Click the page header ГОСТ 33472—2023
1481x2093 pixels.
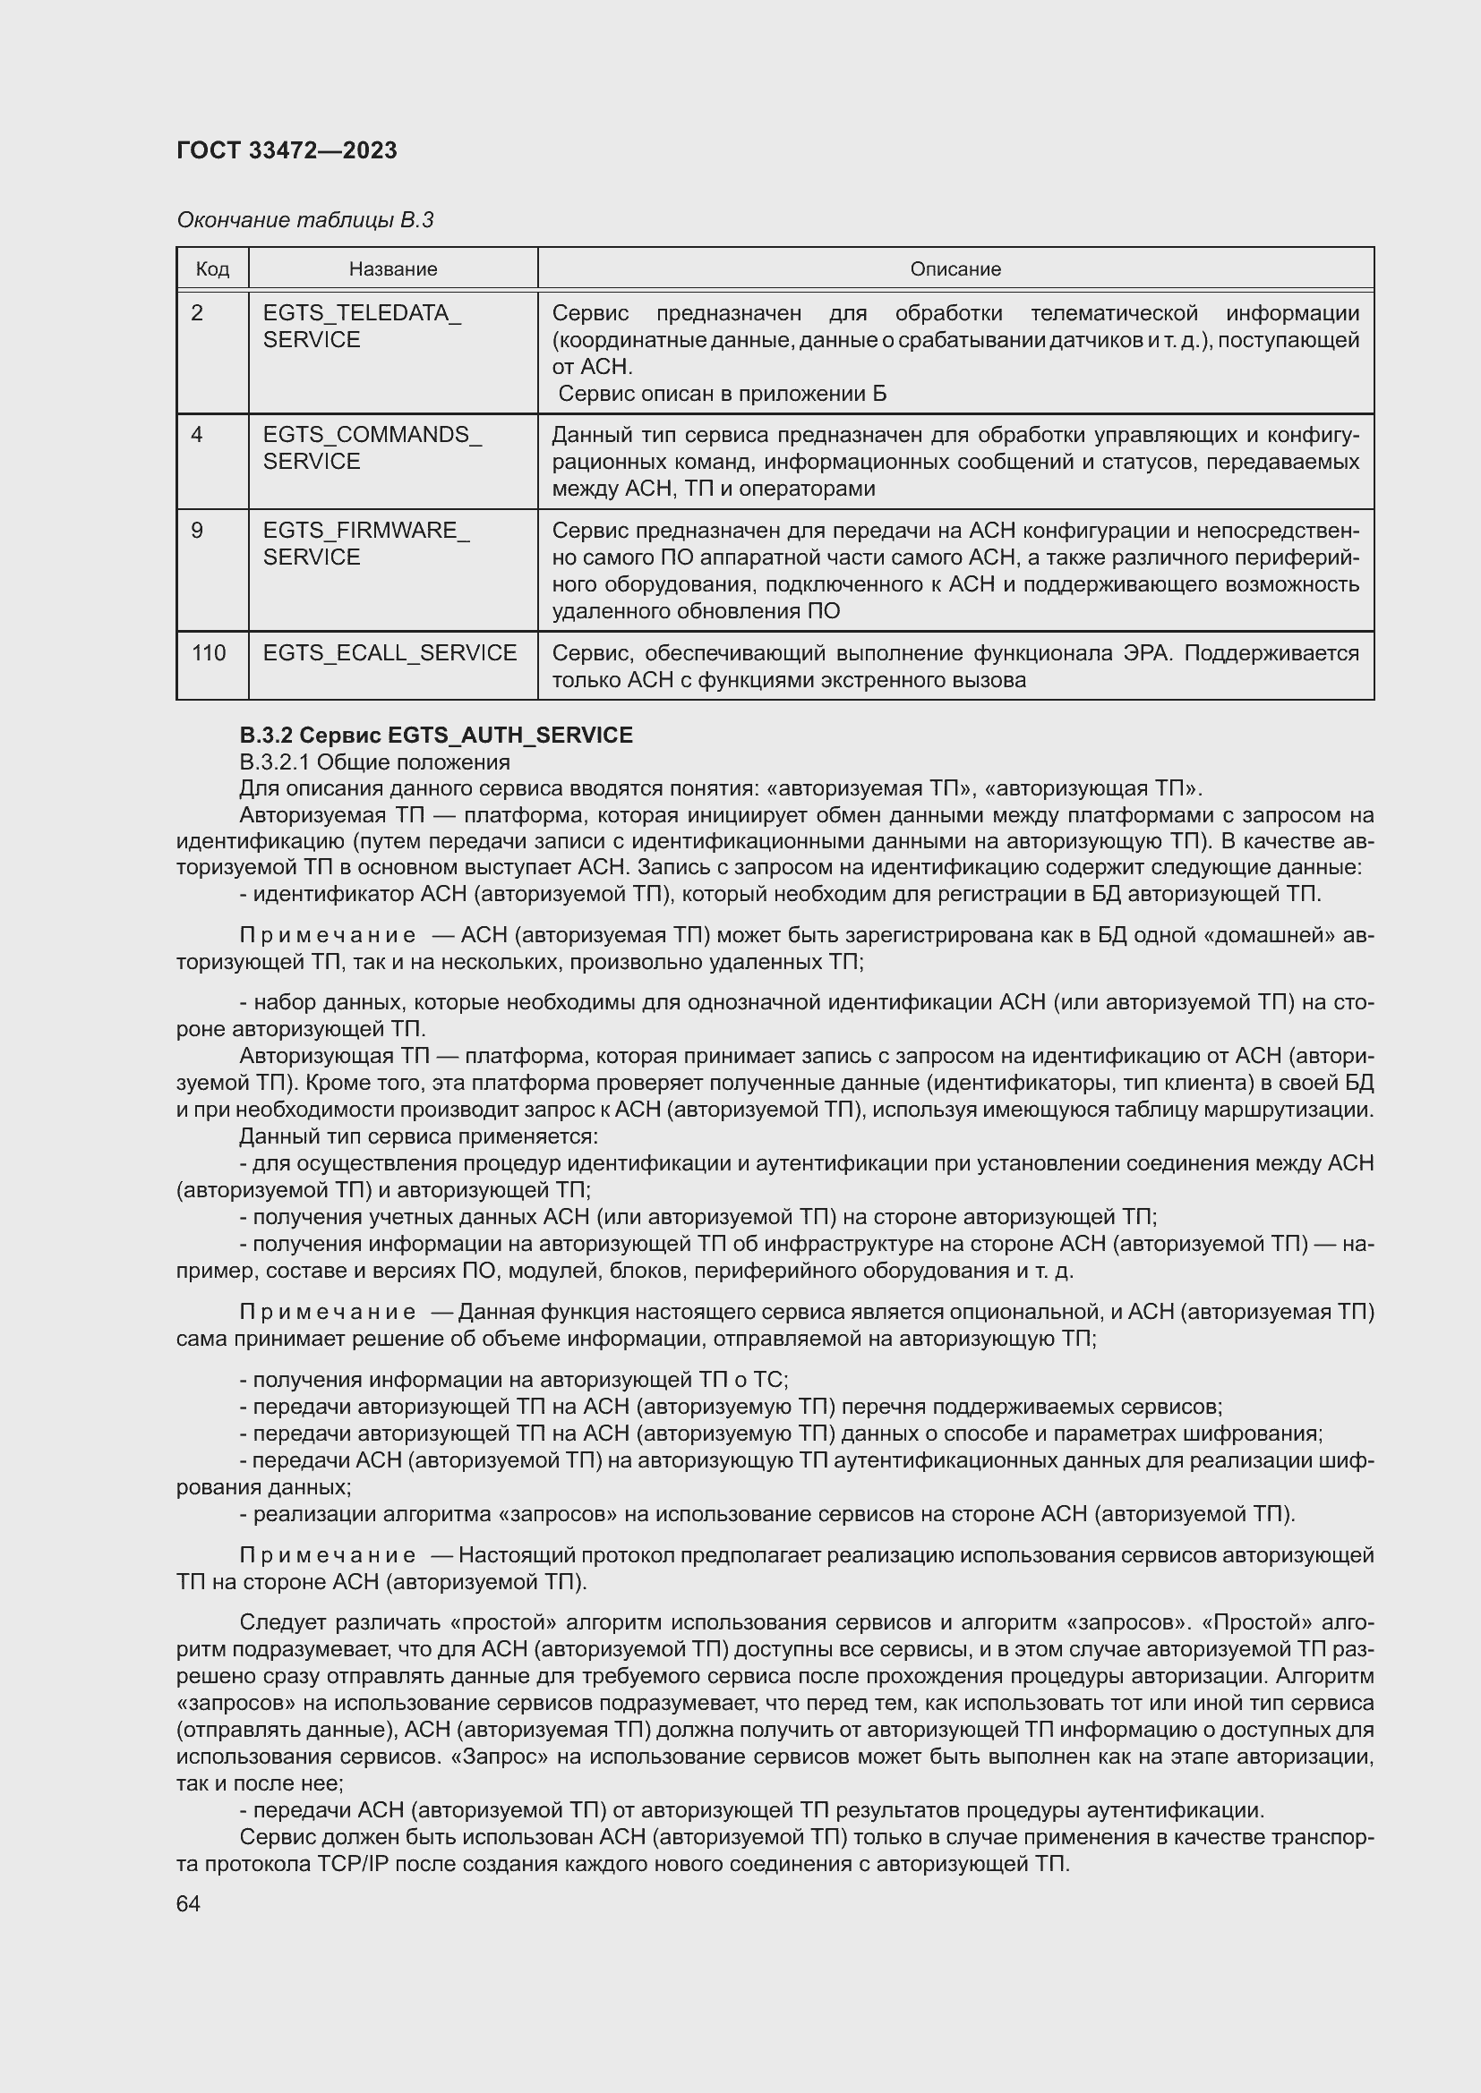(x=287, y=151)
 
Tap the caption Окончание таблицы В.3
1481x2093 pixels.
(x=304, y=220)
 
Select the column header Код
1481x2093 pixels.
(x=212, y=269)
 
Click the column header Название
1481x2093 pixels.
(x=393, y=269)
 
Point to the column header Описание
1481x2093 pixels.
(x=955, y=269)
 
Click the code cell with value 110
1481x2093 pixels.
(x=209, y=652)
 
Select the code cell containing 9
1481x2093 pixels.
(x=197, y=530)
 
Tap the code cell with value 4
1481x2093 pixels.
(x=197, y=435)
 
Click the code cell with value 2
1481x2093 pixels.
(x=197, y=312)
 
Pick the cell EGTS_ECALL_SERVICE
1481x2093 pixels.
(x=390, y=652)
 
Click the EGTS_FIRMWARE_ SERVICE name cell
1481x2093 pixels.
(x=365, y=543)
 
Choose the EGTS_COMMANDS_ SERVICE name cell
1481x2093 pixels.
(x=372, y=447)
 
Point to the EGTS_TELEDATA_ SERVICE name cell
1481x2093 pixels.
(x=362, y=327)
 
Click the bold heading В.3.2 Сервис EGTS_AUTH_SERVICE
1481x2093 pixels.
(x=436, y=735)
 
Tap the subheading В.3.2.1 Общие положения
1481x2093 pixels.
(x=375, y=761)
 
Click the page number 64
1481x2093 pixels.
(x=188, y=1903)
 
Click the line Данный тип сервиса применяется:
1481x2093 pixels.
(x=418, y=1136)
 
